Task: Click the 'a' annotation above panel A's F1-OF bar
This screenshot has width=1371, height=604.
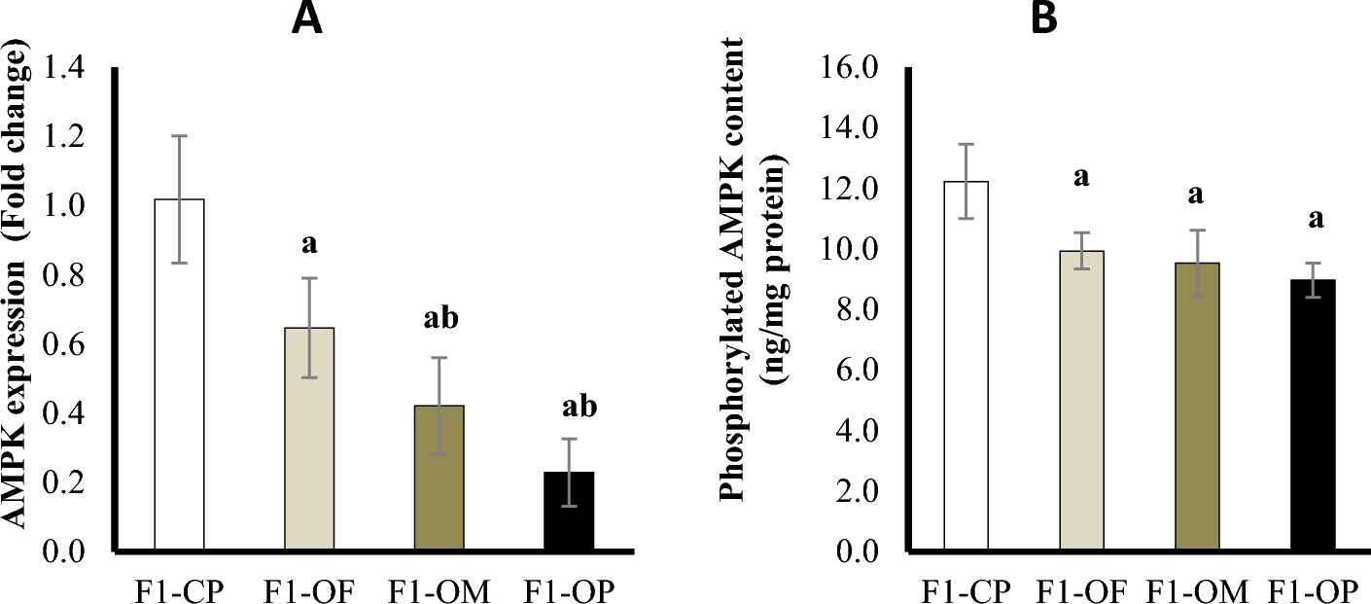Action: coord(309,243)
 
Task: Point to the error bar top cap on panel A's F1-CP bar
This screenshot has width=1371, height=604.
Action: coord(179,136)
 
